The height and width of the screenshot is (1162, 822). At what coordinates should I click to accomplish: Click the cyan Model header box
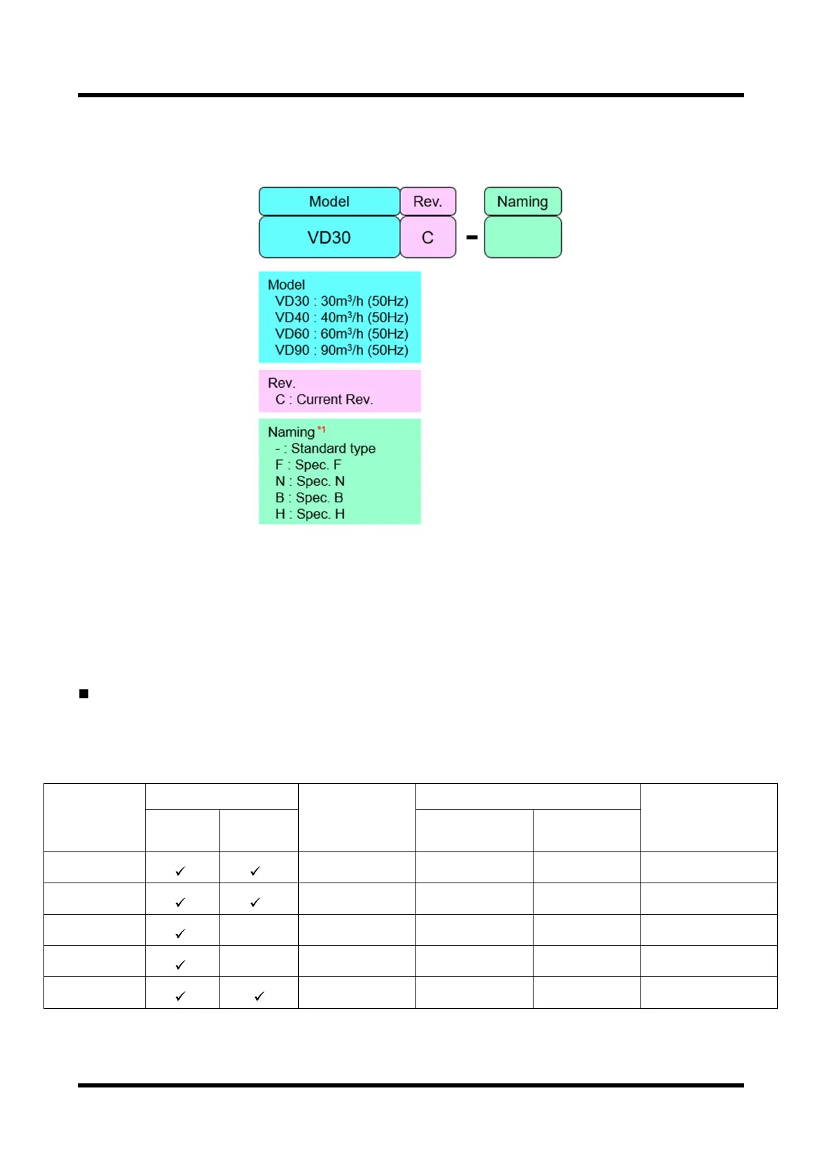(x=329, y=201)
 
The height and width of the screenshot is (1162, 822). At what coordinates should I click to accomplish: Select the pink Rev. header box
(x=427, y=201)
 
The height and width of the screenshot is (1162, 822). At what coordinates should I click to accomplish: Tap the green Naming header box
(x=522, y=201)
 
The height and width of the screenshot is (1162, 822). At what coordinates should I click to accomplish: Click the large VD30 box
(x=329, y=237)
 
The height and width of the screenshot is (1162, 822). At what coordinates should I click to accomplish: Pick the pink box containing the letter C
(x=427, y=237)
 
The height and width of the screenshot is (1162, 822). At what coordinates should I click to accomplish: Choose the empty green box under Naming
(x=522, y=237)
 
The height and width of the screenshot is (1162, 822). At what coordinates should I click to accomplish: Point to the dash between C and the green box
(x=472, y=237)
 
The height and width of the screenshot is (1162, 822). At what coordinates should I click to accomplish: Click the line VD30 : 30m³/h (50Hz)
(x=342, y=302)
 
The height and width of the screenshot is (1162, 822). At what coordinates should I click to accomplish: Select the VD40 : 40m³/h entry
(x=342, y=317)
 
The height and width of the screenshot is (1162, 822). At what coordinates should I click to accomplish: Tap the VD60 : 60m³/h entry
(x=342, y=334)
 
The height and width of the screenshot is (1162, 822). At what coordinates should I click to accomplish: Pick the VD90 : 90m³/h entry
(x=342, y=351)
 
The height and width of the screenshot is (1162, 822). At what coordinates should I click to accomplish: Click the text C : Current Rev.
(x=324, y=400)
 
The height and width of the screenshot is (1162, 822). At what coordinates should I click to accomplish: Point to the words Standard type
(x=333, y=449)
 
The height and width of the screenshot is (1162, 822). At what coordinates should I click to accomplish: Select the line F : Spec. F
(x=309, y=465)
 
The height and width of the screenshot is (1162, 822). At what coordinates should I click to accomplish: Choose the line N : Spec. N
(x=310, y=482)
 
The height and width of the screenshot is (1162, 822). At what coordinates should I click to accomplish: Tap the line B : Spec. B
(x=309, y=498)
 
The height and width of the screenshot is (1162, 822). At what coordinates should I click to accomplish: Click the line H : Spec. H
(x=310, y=514)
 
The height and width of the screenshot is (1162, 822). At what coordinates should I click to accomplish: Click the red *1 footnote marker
(x=321, y=429)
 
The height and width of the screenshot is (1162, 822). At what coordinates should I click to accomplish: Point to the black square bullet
(x=84, y=694)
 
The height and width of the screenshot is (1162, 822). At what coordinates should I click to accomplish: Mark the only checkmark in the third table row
(x=180, y=934)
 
